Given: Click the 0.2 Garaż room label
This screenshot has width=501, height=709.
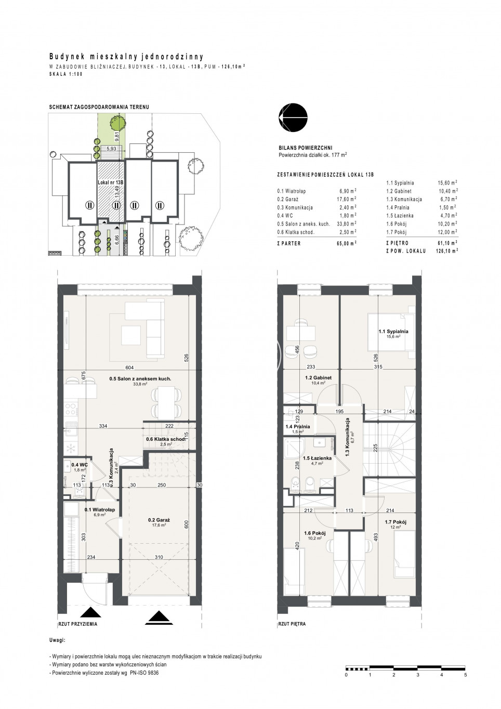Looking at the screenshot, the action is [159, 520].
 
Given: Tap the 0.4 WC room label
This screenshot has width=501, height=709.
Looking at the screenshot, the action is [77, 465].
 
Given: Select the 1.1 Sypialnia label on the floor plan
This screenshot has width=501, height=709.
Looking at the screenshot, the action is [393, 332].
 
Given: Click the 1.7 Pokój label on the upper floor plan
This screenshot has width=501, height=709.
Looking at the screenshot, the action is [395, 522].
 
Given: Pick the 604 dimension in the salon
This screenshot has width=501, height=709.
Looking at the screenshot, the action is [129, 367].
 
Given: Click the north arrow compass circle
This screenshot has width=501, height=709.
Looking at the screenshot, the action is [293, 117].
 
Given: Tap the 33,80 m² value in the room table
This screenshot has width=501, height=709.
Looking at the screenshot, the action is [347, 224].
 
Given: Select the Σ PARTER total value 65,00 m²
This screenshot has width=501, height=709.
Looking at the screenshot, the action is [347, 243].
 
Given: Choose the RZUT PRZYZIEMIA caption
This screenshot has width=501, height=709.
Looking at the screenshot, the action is [78, 624].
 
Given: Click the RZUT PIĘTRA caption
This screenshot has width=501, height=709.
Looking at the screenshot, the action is [292, 624].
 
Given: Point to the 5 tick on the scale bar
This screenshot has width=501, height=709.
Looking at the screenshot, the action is [465, 675].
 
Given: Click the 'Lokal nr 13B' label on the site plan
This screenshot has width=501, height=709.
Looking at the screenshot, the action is [111, 182].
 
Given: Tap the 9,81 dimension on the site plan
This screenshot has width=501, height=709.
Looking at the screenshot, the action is [117, 136].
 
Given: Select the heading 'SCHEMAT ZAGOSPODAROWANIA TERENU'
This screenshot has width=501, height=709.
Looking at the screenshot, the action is [99, 107].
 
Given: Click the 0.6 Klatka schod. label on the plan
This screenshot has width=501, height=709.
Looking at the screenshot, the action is [165, 439].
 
